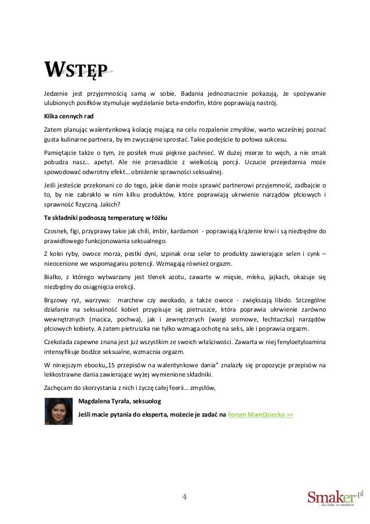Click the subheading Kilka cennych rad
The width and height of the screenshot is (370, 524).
pyautogui.click(x=68, y=115)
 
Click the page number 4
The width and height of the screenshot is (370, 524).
pyautogui.click(x=184, y=497)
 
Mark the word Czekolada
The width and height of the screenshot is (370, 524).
pyautogui.click(x=61, y=341)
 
